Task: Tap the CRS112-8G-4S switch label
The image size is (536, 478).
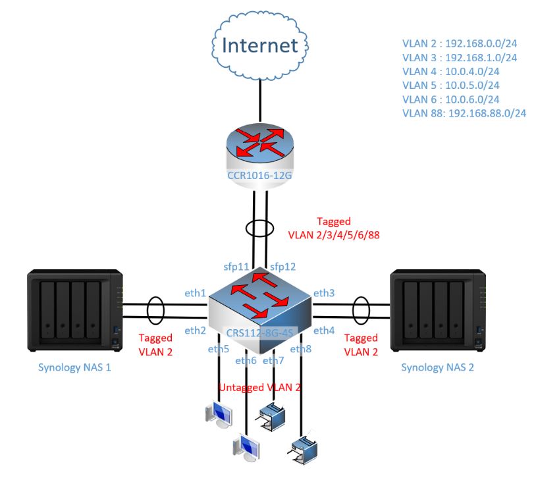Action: point(262,332)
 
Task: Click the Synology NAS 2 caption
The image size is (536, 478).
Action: point(437,367)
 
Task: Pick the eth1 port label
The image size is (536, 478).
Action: point(194,292)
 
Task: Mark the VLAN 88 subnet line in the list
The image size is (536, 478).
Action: point(464,113)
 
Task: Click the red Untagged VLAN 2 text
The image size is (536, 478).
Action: point(260,388)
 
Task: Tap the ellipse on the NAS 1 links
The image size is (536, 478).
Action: point(155,310)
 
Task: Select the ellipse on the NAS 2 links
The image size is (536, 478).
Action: point(361,310)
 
